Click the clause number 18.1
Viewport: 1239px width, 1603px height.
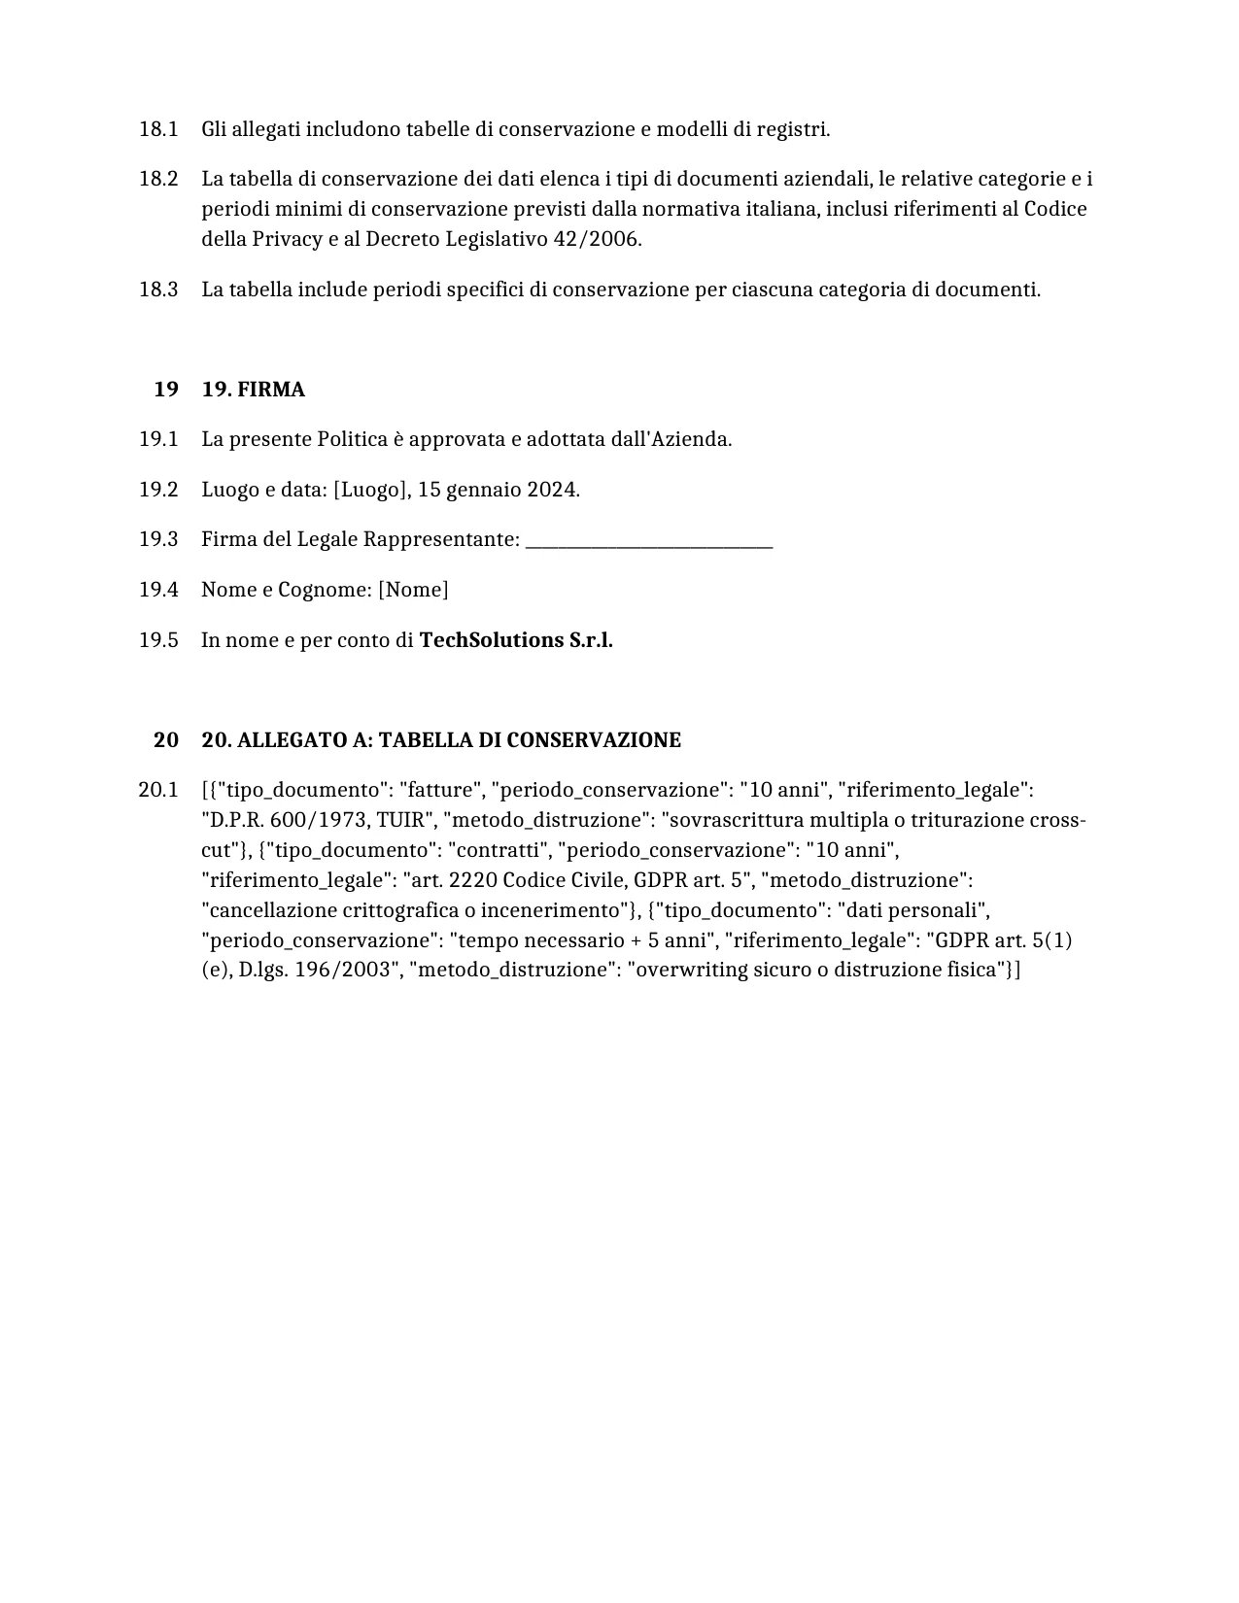tap(158, 129)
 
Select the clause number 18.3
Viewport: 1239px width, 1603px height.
tap(158, 290)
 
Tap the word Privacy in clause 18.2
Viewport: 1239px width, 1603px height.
tap(287, 239)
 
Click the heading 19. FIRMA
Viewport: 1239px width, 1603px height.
tap(253, 390)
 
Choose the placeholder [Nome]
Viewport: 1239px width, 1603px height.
tap(413, 590)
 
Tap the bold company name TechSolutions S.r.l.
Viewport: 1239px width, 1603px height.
tap(516, 640)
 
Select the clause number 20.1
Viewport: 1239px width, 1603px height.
tap(158, 790)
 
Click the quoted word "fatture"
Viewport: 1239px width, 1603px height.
tap(439, 790)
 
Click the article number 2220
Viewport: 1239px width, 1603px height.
tap(473, 880)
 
